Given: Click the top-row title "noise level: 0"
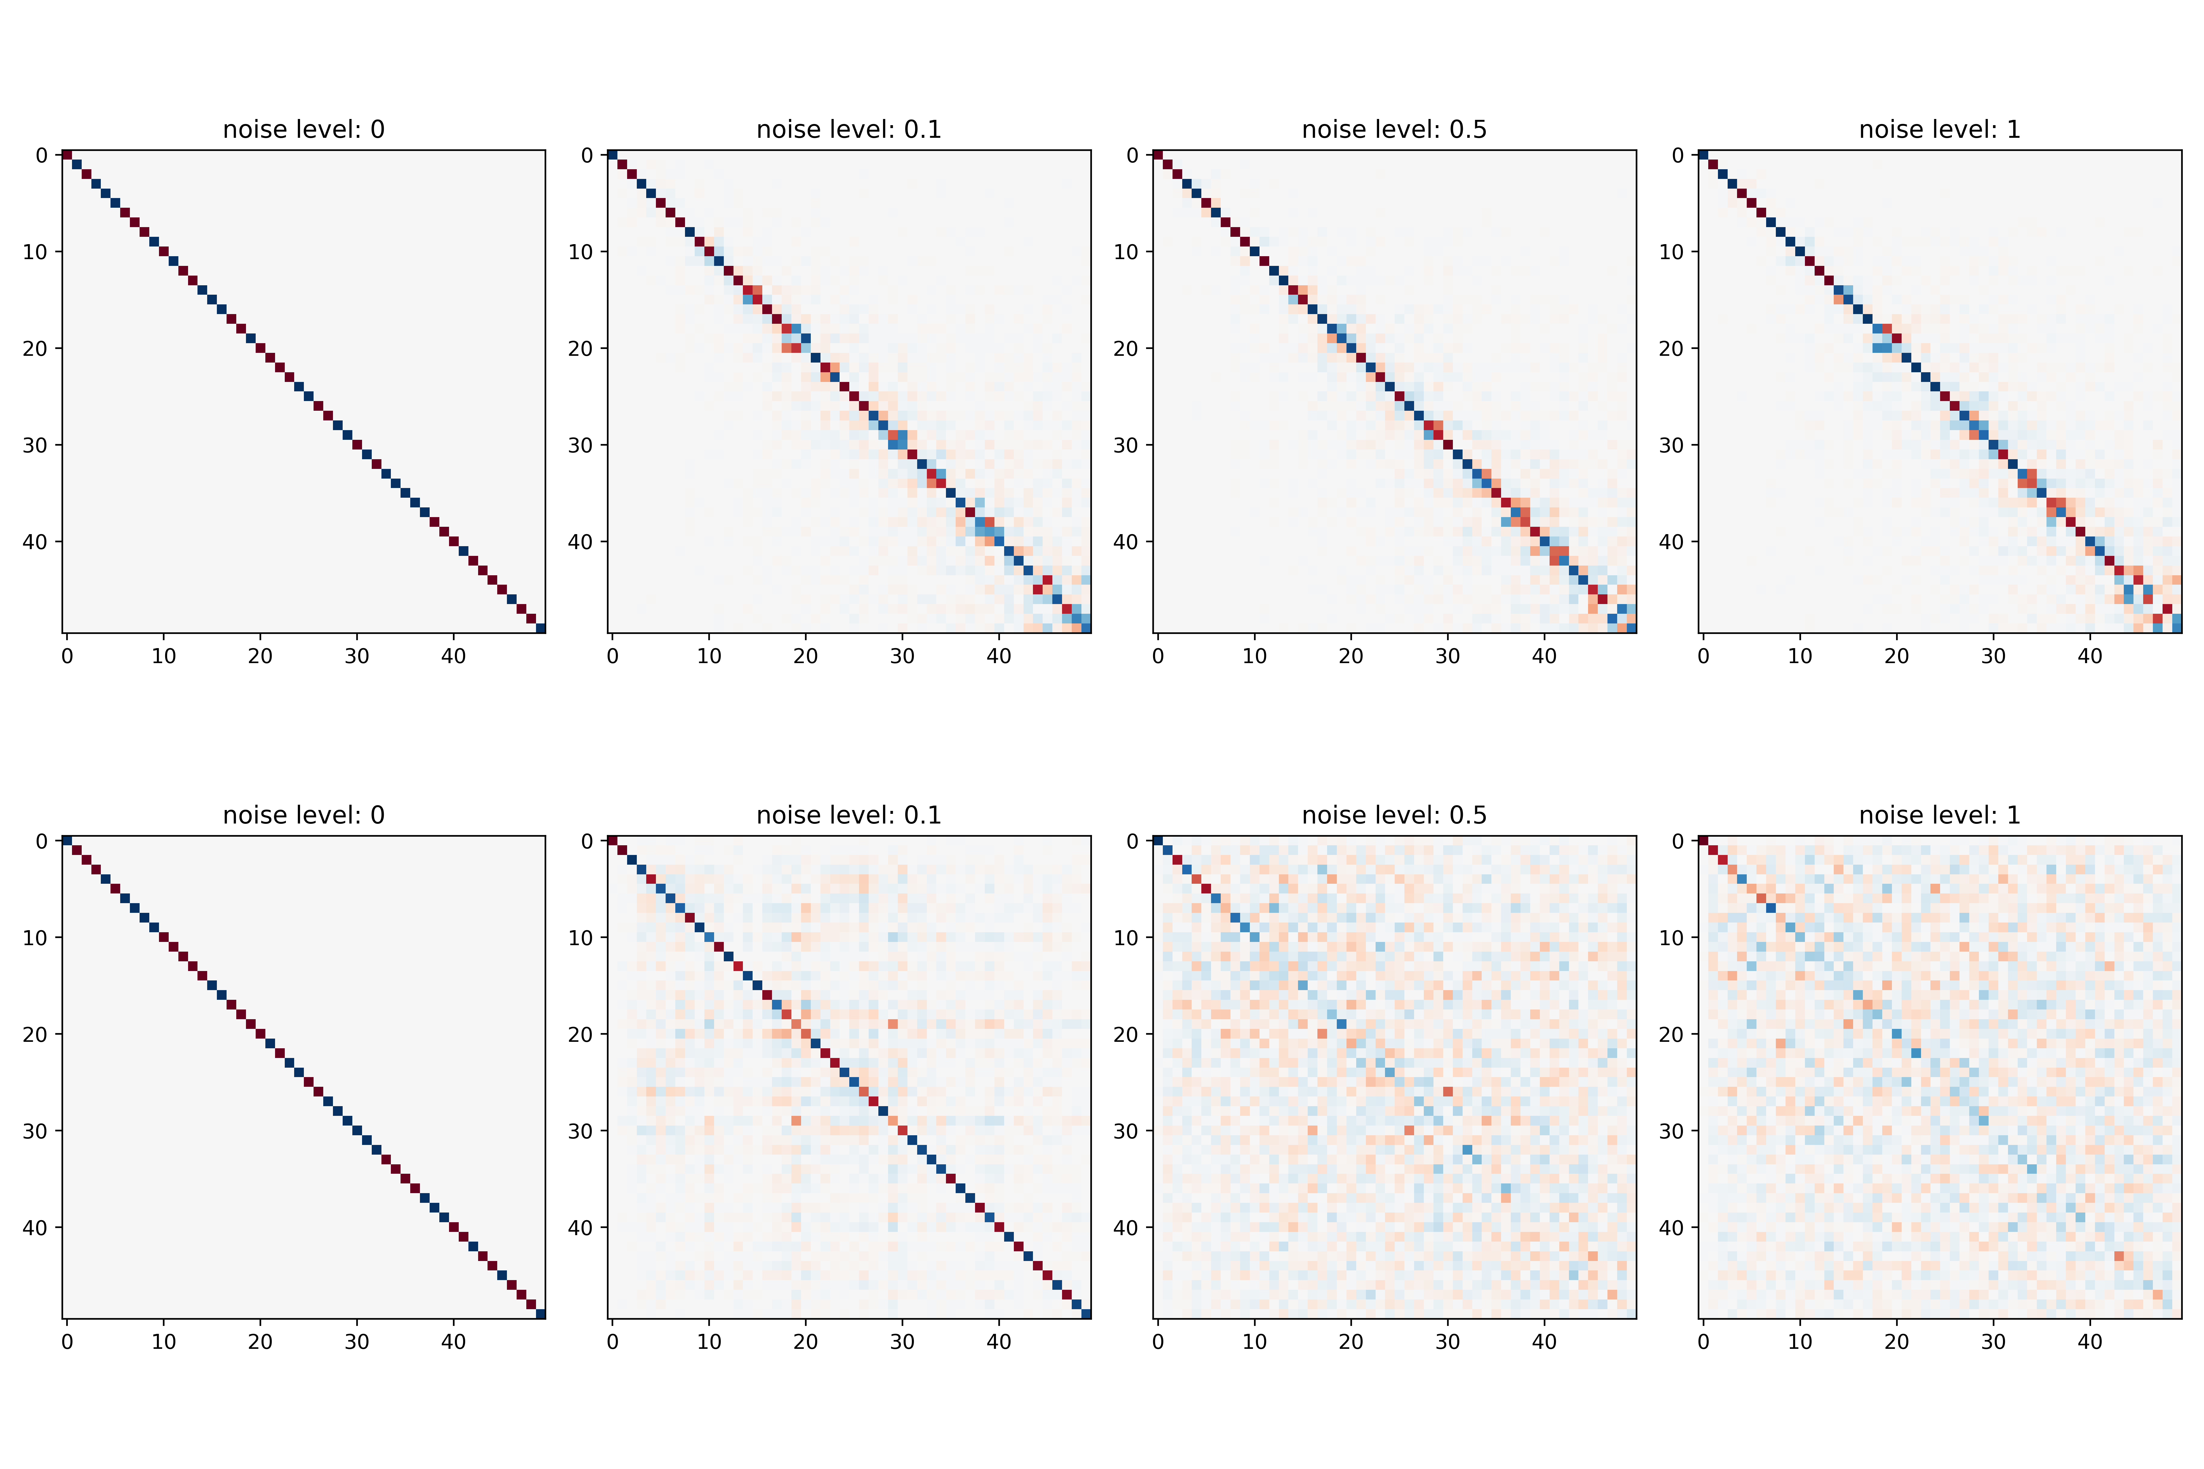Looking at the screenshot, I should click(304, 129).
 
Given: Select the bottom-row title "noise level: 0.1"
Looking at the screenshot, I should click(849, 815).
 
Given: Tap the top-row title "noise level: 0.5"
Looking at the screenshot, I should click(1394, 129).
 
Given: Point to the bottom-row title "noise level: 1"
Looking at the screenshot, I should click(1940, 815).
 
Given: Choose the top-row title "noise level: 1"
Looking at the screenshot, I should click(1940, 129).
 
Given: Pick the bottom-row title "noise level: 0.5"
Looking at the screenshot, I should click(1394, 815).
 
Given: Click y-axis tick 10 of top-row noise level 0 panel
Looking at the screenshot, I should click(35, 252).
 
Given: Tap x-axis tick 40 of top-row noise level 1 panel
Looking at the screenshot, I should click(2090, 656).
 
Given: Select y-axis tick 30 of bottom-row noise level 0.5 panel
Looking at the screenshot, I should click(1126, 1131).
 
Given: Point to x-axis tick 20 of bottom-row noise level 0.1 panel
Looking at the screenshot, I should click(806, 1341).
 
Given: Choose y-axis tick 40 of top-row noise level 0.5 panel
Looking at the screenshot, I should click(1126, 541).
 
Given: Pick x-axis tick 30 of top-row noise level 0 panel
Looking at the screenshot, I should click(357, 656).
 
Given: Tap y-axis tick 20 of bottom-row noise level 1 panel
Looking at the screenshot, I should click(1671, 1034).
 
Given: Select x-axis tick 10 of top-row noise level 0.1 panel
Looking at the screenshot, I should click(709, 656).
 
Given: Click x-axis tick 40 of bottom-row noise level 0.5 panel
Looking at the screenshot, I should click(1544, 1341).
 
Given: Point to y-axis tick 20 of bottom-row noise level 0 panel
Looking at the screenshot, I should click(35, 1034).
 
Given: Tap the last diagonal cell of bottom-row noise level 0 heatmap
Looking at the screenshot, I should click(541, 1314).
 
